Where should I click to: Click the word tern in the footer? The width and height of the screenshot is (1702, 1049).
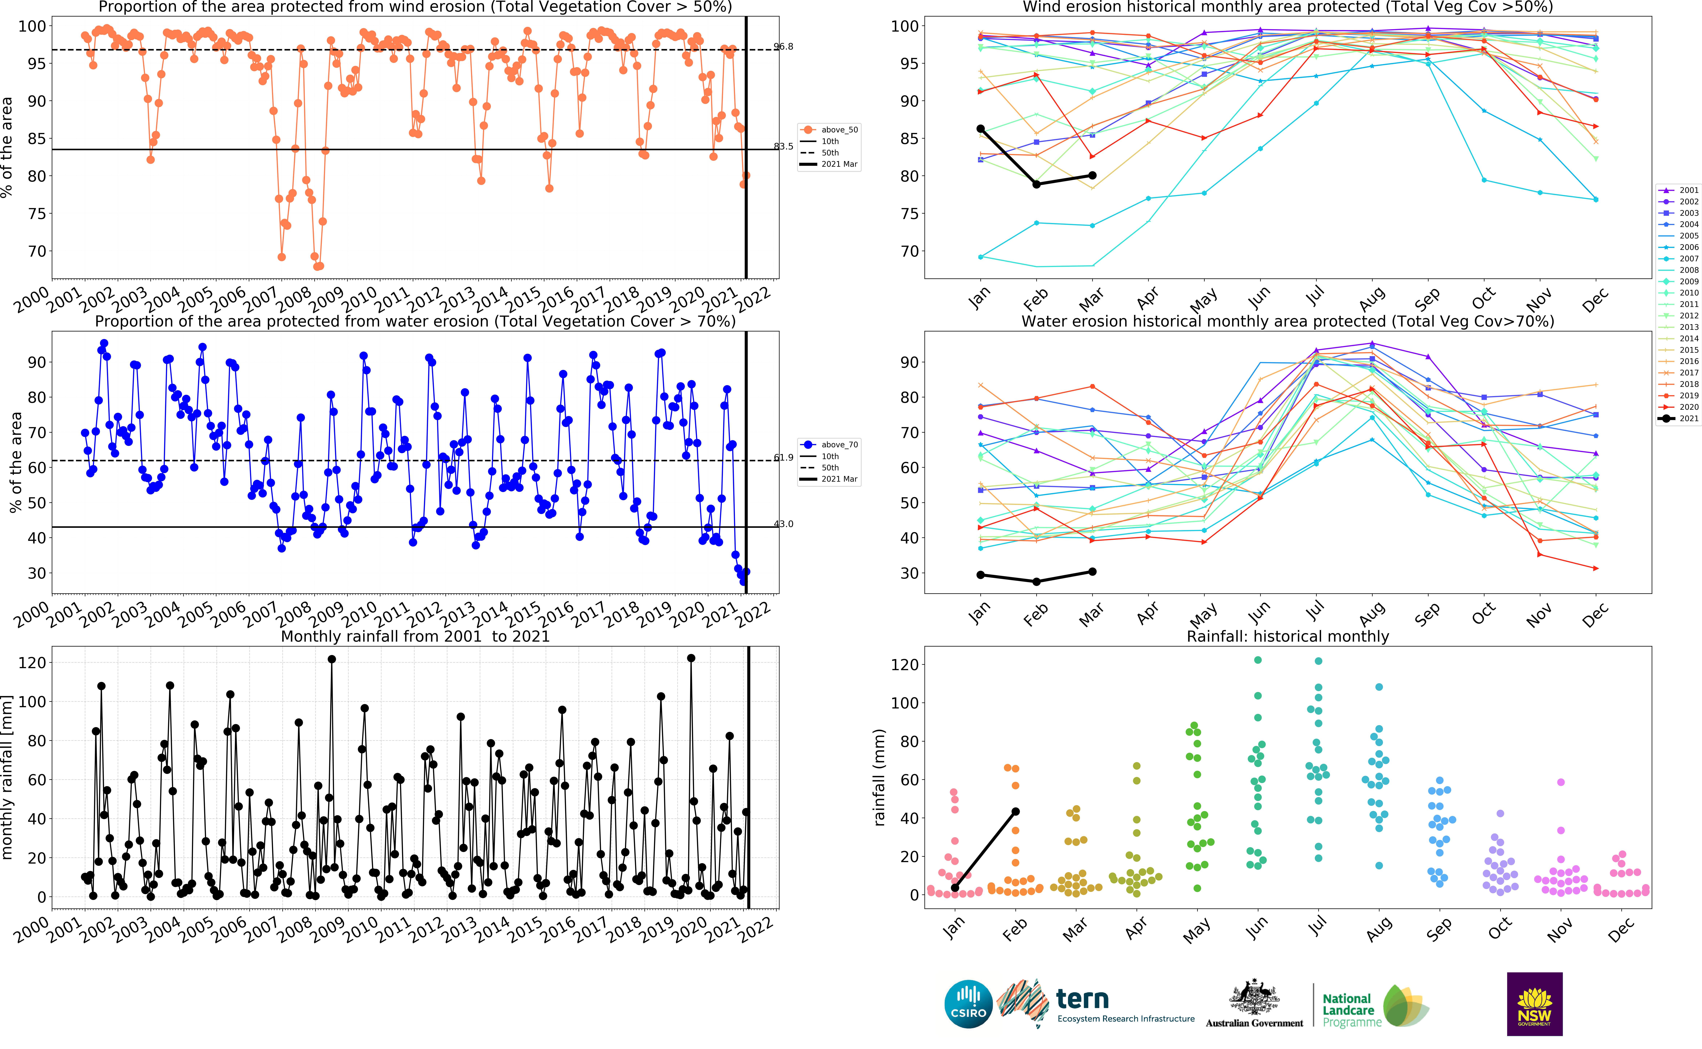click(x=1082, y=999)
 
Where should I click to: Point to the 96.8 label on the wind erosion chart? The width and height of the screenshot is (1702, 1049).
click(x=784, y=46)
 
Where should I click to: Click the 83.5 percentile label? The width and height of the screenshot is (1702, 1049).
click(x=784, y=146)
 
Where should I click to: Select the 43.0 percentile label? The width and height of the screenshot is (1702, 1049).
click(x=784, y=524)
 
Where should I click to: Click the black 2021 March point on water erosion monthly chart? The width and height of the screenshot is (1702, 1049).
click(x=1092, y=572)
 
